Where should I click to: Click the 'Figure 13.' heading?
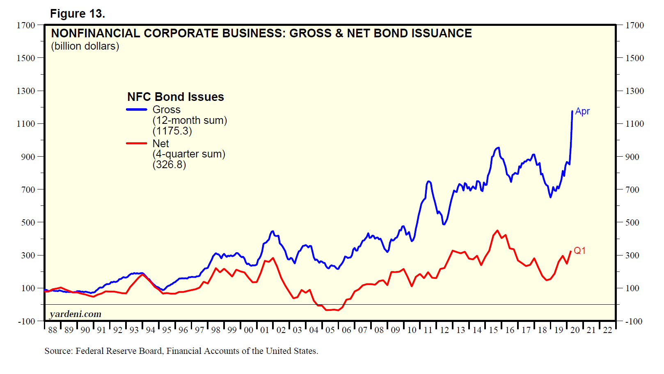(78, 14)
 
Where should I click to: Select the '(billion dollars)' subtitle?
(85, 46)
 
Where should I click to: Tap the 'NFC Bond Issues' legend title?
(176, 97)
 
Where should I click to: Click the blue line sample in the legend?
(137, 109)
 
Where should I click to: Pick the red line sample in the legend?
(137, 143)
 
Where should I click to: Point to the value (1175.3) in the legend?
(172, 131)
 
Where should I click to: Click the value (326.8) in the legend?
(169, 165)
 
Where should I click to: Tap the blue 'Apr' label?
(582, 112)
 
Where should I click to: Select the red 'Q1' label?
(579, 251)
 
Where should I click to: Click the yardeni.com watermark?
(76, 314)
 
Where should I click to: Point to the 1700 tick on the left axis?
(26, 25)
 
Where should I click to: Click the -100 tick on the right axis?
(634, 322)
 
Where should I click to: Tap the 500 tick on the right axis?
(632, 223)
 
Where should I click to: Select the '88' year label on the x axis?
(53, 330)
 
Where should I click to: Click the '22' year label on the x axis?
(607, 330)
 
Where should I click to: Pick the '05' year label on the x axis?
(330, 330)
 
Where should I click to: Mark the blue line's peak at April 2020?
(572, 111)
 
